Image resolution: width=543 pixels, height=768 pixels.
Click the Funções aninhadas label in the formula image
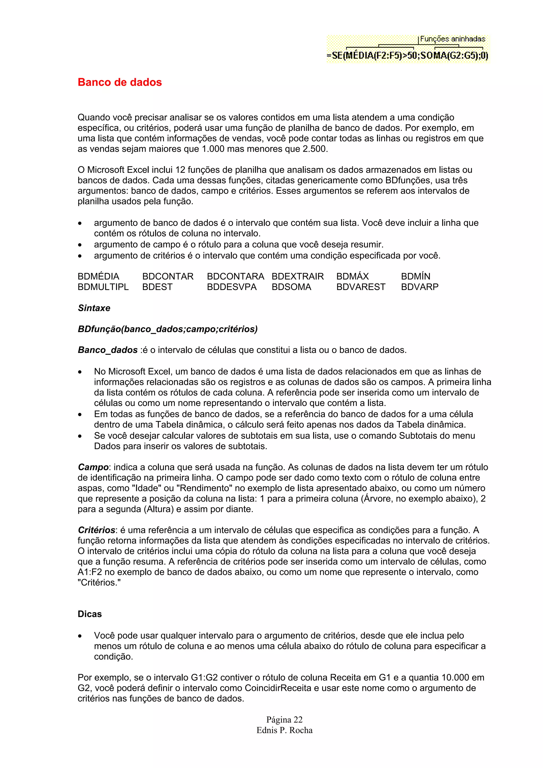[x=452, y=39]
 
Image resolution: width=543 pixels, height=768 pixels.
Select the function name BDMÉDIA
[x=98, y=276]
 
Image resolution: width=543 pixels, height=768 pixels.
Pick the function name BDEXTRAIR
[x=297, y=276]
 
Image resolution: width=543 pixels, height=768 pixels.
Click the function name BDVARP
[x=419, y=287]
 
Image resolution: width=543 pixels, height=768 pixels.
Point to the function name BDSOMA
[x=291, y=287]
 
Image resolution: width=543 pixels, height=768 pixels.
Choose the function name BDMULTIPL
[x=103, y=287]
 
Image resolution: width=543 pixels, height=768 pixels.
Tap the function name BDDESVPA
[x=231, y=287]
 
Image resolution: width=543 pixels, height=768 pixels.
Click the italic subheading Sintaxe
[x=94, y=308]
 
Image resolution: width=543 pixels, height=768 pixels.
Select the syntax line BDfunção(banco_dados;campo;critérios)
[x=168, y=329]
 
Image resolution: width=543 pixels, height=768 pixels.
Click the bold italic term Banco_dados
[x=107, y=350]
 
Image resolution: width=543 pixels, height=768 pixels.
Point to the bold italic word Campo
[x=93, y=467]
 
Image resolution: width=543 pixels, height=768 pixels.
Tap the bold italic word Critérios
[x=96, y=530]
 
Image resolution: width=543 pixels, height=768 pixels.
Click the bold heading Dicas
[x=90, y=614]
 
